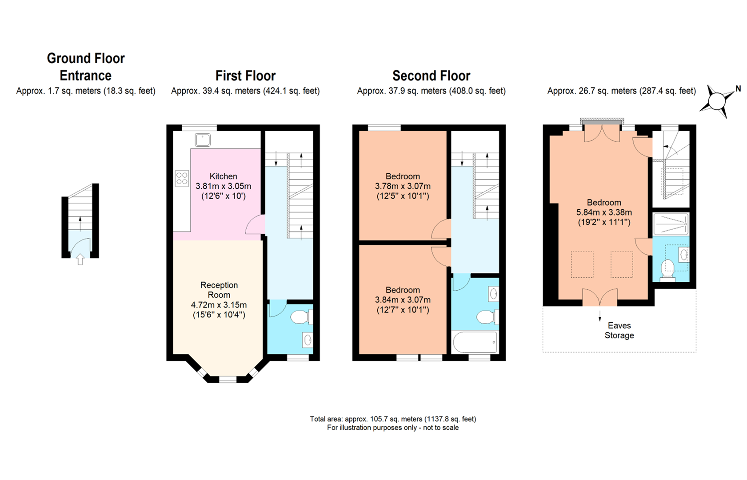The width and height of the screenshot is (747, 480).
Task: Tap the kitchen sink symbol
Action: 203,140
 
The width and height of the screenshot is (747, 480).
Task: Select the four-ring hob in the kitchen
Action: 182,178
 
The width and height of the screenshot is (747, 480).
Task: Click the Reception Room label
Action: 219,290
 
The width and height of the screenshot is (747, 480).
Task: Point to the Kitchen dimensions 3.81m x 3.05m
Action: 223,186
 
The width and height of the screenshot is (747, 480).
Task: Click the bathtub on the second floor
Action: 475,342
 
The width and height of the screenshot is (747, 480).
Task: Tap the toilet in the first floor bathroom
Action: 300,317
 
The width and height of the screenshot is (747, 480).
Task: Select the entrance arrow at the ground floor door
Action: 80,259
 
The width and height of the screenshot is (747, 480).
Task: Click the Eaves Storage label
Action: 619,330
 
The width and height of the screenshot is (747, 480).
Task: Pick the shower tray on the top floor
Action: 671,224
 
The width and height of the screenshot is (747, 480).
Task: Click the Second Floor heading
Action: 431,76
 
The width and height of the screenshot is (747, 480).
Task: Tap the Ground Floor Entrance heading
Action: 86,67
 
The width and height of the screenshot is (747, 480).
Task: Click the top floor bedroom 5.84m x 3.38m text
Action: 604,212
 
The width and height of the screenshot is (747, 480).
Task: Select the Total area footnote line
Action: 393,419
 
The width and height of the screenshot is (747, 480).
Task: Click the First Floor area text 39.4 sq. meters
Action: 245,91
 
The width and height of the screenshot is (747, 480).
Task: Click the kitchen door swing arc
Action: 255,225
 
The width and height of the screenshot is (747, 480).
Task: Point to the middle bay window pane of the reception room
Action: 228,379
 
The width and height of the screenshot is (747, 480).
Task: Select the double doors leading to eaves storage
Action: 600,297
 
